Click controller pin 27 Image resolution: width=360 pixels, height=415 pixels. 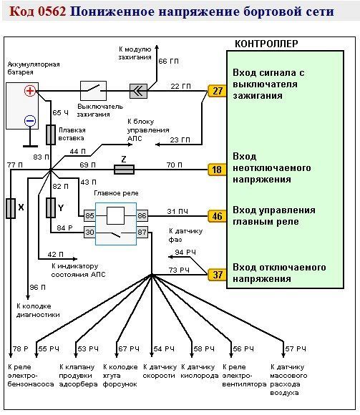tap(217, 91)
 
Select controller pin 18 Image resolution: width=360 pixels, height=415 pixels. tap(217, 170)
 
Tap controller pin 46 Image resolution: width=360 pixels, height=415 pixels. tap(217, 216)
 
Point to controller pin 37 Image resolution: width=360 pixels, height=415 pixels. tap(217, 275)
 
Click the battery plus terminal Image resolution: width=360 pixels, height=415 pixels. tap(30, 91)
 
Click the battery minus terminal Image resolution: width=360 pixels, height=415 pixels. tap(30, 121)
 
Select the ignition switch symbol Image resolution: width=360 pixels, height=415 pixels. tap(94, 91)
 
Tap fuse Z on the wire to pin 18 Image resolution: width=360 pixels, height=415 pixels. tap(124, 170)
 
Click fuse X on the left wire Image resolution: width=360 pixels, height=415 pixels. tap(11, 208)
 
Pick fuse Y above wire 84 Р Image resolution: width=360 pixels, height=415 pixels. tap(51, 207)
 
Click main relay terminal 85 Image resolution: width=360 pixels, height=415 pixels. tap(89, 215)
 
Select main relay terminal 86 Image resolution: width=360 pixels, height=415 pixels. tap(142, 215)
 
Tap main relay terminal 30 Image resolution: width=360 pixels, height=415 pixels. tap(89, 232)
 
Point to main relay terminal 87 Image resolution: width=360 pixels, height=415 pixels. tap(142, 232)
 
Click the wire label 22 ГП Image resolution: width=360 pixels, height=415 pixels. tap(180, 87)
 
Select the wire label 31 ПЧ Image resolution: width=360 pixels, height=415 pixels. tap(177, 212)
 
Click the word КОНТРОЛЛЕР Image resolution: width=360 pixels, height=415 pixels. tap(266, 44)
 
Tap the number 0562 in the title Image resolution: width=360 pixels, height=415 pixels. tap(52, 11)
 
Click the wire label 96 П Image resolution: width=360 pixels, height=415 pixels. tap(38, 287)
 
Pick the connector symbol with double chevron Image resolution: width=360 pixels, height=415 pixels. tap(138, 92)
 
